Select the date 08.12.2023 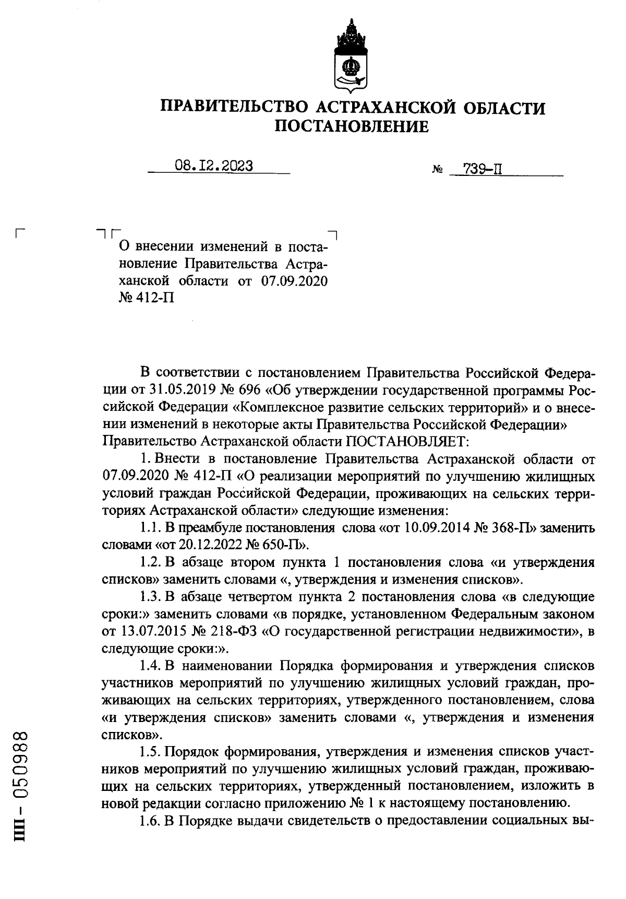coord(214,166)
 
